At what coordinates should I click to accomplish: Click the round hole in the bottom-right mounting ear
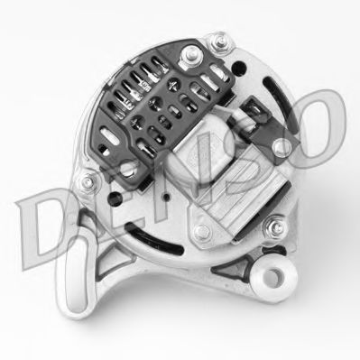click(x=272, y=275)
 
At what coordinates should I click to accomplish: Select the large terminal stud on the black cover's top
click(x=191, y=55)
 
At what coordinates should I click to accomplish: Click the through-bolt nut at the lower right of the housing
click(x=274, y=226)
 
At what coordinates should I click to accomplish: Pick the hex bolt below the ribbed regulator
click(x=201, y=233)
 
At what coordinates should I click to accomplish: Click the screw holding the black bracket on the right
click(x=282, y=147)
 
